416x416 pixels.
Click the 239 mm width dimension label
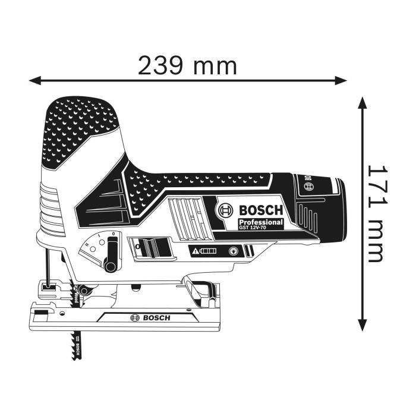click(x=187, y=65)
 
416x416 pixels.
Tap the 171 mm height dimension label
click(x=375, y=215)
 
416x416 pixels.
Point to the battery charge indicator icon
click(x=203, y=251)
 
